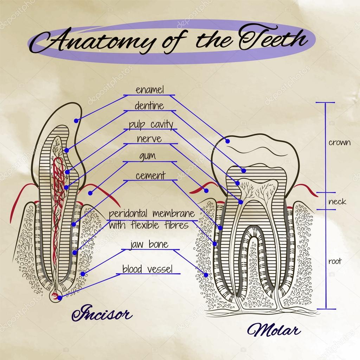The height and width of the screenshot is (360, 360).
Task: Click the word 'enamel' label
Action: [150, 90]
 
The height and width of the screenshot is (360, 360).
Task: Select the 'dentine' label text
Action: [149, 106]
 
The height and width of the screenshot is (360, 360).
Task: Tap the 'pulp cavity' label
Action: [151, 124]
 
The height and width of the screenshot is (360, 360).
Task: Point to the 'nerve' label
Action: [149, 139]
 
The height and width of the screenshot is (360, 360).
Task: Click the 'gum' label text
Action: [147, 156]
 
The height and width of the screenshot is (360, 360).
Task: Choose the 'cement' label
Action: [150, 175]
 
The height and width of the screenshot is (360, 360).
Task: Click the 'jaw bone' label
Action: [149, 244]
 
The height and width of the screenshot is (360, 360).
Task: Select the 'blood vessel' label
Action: [148, 269]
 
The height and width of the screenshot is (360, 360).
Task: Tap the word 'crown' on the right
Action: [339, 143]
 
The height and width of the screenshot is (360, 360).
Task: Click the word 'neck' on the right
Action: [337, 202]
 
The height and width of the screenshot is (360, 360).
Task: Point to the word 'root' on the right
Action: [335, 262]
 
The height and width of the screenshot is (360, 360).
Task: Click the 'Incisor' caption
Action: [102, 313]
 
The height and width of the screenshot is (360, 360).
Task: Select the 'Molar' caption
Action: [274, 330]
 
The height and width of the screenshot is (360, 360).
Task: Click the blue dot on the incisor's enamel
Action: [76, 121]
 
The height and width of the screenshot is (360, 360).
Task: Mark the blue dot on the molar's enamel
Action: [227, 141]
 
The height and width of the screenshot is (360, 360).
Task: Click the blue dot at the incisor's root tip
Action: [60, 298]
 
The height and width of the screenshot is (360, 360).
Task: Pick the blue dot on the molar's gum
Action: [206, 191]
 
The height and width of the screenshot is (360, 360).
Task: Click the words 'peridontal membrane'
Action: [152, 214]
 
